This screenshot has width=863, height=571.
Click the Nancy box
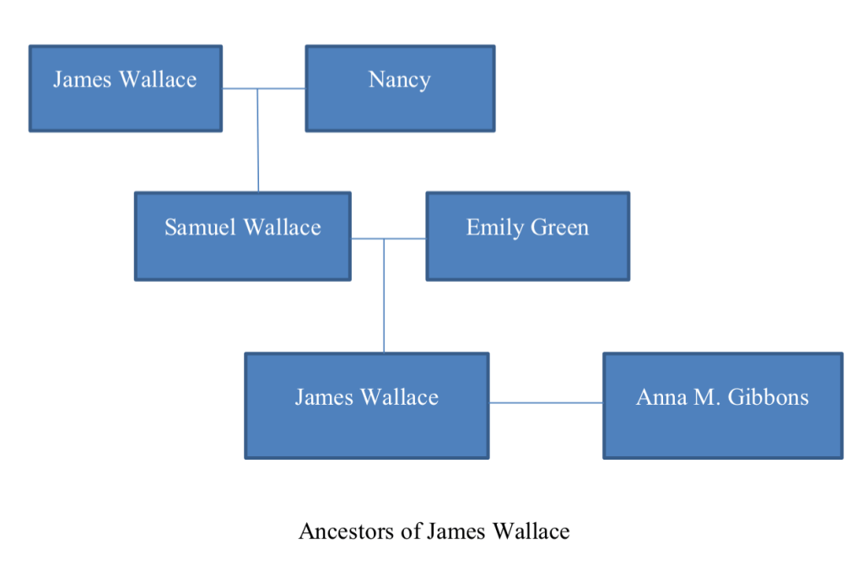coord(400,89)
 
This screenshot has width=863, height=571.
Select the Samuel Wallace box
coord(243,236)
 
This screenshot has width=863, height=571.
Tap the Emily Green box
coord(527,236)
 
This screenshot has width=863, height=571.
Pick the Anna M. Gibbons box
coord(722,406)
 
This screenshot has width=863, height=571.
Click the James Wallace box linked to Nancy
coord(126,89)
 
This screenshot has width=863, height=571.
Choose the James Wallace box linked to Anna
coord(367,406)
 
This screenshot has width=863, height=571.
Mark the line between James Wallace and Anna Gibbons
coord(546,403)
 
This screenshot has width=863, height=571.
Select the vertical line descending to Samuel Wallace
coord(258,140)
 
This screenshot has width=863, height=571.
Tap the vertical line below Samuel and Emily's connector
coord(384,295)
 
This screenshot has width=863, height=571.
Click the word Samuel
coord(200,228)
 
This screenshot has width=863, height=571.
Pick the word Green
coord(559,228)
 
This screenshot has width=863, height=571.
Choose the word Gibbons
coord(769,397)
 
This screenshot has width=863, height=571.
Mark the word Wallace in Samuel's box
coord(282,228)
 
